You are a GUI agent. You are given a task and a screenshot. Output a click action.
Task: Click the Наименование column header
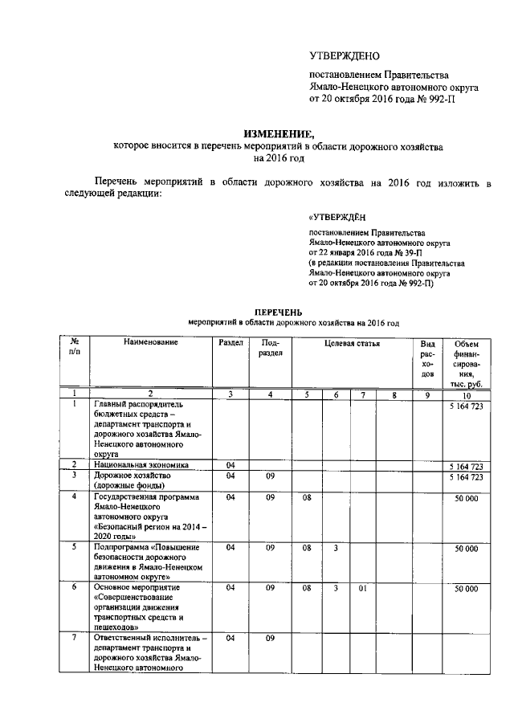click(150, 343)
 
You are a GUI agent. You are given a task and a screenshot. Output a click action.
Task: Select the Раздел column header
click(230, 343)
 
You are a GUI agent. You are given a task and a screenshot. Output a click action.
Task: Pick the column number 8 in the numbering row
click(394, 394)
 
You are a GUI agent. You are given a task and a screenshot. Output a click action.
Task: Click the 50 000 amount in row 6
click(466, 589)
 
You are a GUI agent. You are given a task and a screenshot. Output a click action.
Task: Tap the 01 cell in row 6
click(363, 589)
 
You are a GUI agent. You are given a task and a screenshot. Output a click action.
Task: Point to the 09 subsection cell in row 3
click(271, 476)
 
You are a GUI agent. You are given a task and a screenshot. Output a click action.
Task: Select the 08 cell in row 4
click(306, 497)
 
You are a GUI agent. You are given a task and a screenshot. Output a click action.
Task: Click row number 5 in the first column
click(74, 547)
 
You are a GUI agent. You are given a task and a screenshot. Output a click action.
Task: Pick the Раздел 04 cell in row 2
click(230, 464)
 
